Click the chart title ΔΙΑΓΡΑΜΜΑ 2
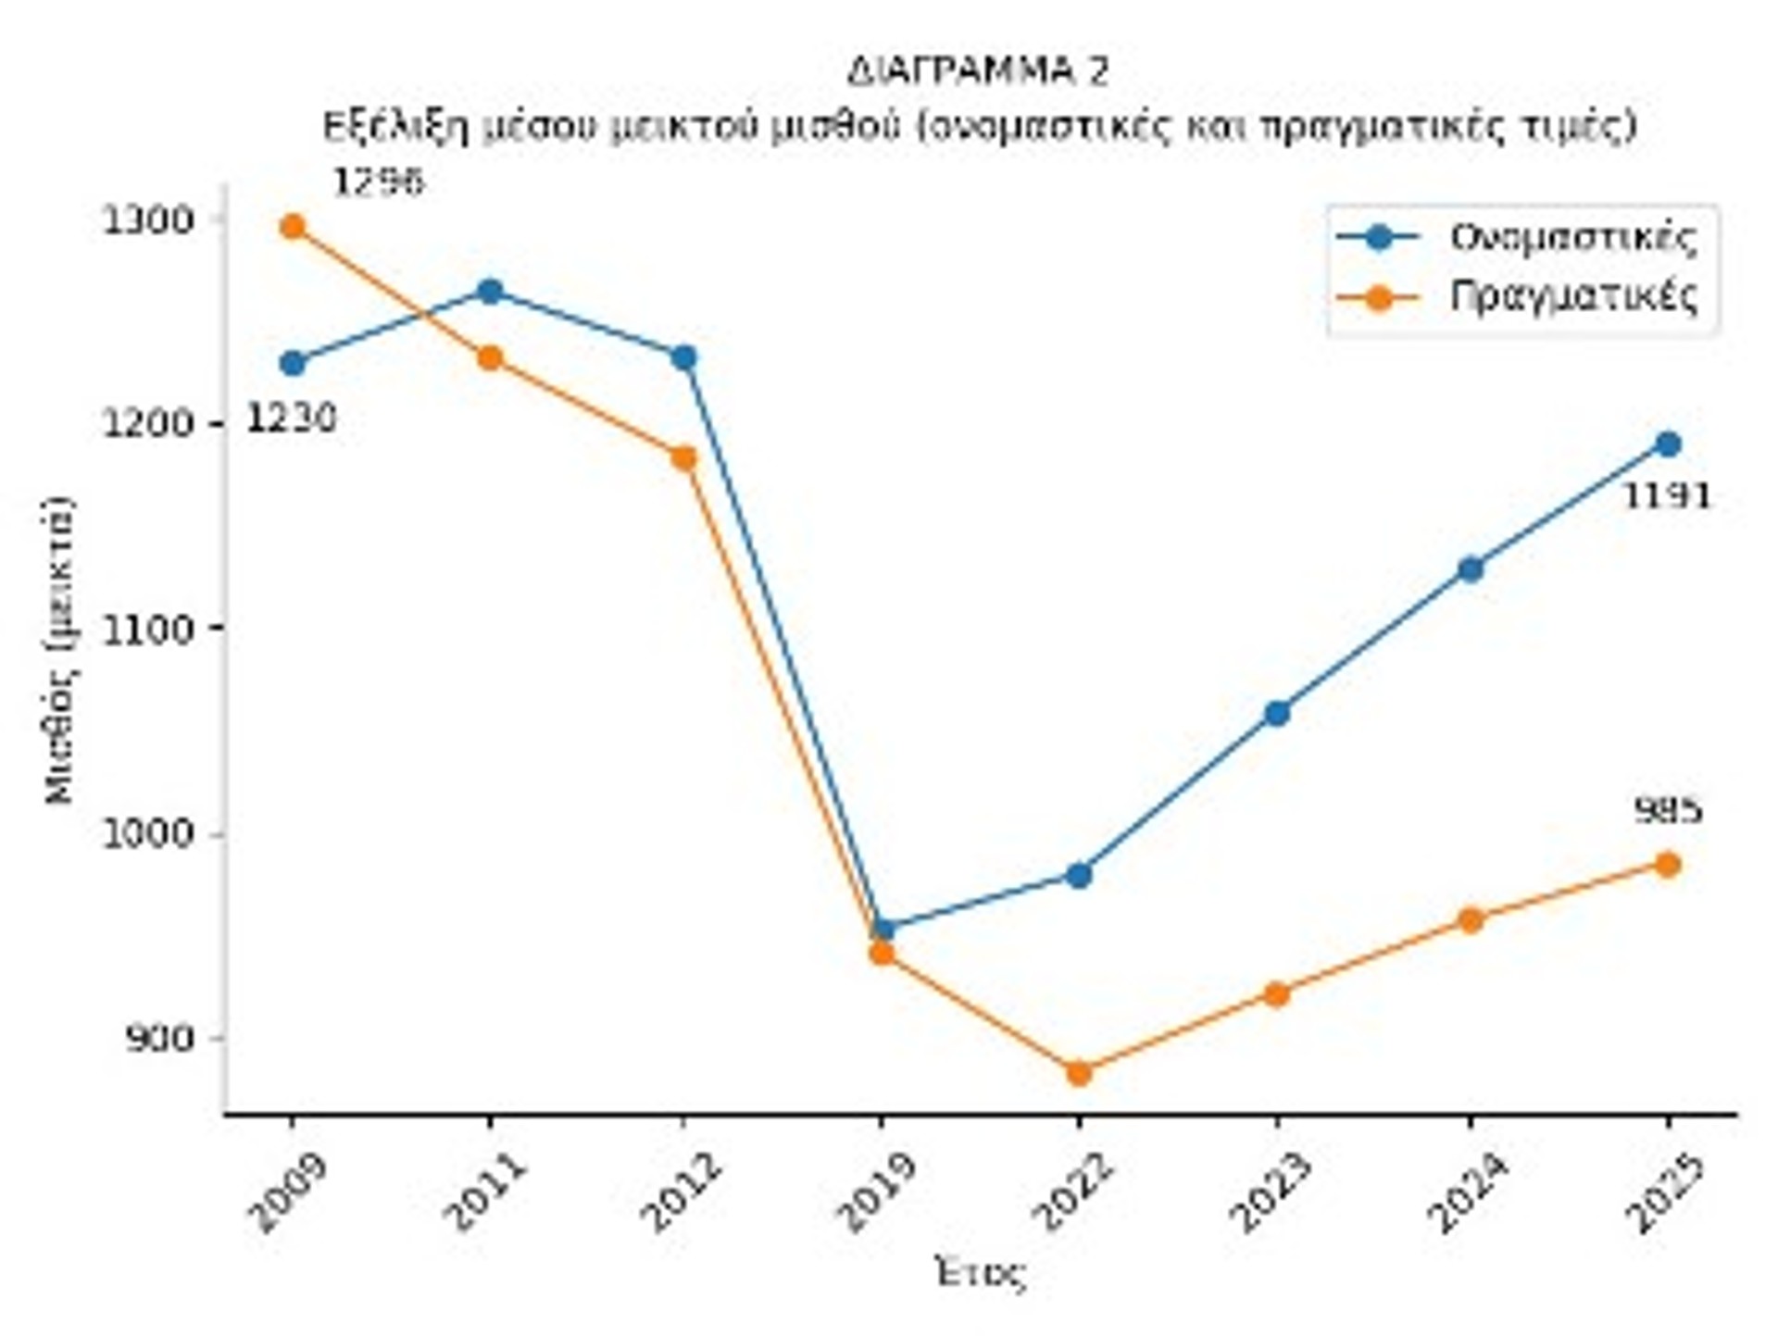977,71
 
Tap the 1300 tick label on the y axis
147,220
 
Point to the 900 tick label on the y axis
159,1039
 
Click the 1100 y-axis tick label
147,629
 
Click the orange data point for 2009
293,227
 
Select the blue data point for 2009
293,363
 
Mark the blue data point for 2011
490,292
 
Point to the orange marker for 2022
1078,1073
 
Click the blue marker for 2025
1668,444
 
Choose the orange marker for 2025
1668,865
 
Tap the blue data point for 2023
1277,713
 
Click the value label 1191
1667,497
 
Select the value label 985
1667,812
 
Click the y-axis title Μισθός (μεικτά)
59,652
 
